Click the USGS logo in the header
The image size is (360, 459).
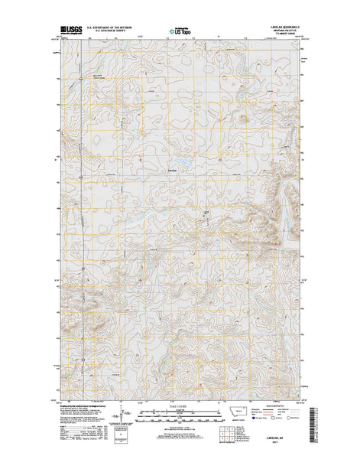coord(70,33)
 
